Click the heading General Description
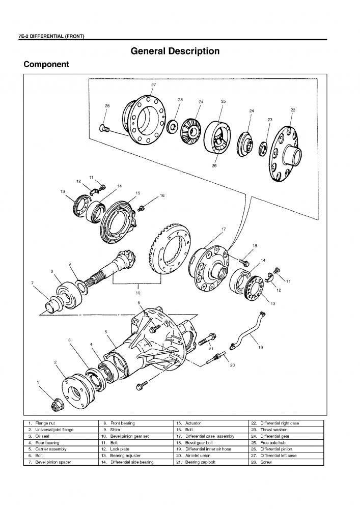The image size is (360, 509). point(175,51)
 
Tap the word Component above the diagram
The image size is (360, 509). point(46,65)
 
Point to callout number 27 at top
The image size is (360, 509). point(153,84)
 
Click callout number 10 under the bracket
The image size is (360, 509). point(137,293)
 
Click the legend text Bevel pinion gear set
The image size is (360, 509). point(130,436)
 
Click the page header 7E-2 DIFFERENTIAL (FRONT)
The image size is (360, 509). point(51,37)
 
